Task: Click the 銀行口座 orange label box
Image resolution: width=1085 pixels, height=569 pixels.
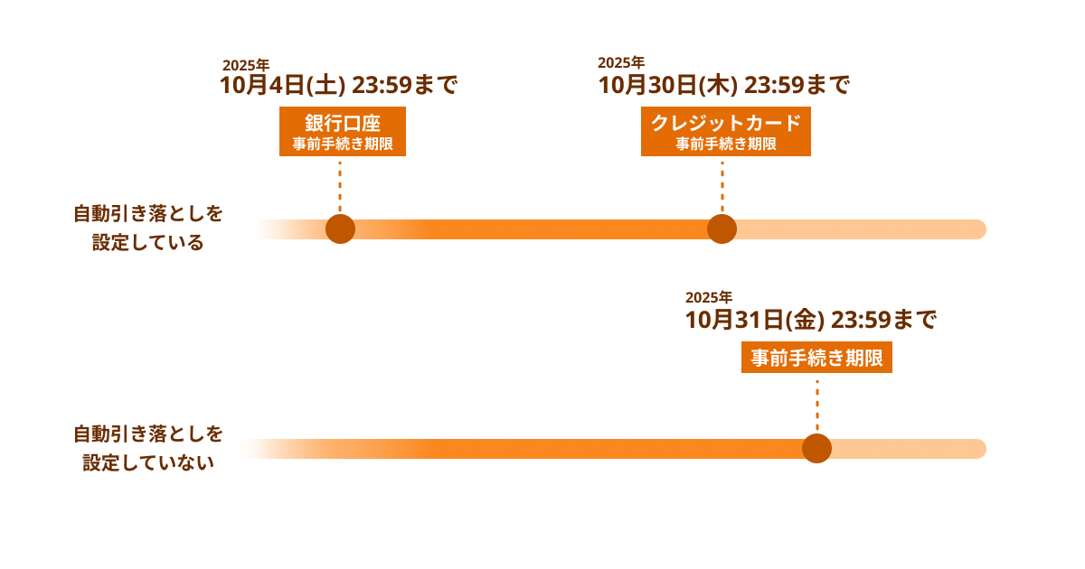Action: [x=343, y=131]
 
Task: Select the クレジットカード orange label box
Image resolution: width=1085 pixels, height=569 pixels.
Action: [x=725, y=131]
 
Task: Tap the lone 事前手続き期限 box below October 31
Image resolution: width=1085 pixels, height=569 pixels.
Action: [x=816, y=358]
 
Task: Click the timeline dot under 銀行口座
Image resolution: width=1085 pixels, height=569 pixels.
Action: [x=340, y=229]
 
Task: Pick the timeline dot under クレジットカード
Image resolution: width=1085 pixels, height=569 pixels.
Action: [x=722, y=229]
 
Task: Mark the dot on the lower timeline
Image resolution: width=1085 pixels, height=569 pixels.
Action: [x=816, y=449]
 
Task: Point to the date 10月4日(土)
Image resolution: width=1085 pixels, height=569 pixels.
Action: [x=283, y=85]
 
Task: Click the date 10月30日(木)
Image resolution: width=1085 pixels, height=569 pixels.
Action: [x=668, y=85]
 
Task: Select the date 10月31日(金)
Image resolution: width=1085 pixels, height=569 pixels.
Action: [x=755, y=320]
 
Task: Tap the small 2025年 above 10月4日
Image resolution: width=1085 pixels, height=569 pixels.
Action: [x=246, y=65]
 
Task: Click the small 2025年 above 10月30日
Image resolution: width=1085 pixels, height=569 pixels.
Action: [x=621, y=62]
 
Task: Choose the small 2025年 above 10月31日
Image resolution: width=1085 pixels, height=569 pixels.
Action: [x=709, y=297]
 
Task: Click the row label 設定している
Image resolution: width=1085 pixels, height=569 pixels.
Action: [x=147, y=242]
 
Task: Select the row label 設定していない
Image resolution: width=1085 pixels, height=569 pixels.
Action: [x=148, y=462]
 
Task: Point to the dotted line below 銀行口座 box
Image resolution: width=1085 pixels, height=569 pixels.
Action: [x=340, y=186]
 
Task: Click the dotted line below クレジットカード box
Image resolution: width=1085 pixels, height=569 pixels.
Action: [x=722, y=186]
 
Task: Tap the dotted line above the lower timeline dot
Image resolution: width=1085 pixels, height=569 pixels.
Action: [x=817, y=406]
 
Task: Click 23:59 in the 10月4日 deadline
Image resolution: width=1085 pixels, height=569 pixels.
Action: [x=382, y=85]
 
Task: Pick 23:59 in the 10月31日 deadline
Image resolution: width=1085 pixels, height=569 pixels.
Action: [x=861, y=320]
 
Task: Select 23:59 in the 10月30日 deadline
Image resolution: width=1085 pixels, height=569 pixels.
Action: [x=774, y=85]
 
